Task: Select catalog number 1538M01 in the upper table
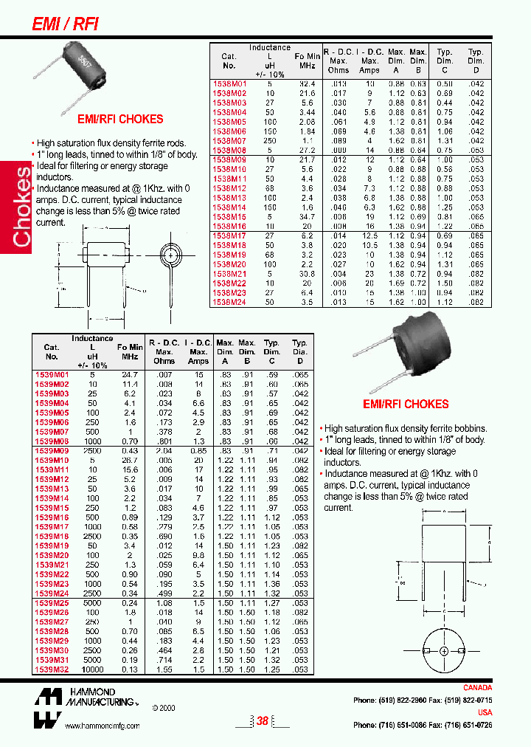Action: pyautogui.click(x=228, y=84)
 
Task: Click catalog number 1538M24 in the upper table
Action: pyautogui.click(x=228, y=302)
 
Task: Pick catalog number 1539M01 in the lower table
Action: pyautogui.click(x=51, y=375)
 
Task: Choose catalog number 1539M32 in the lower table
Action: pyautogui.click(x=51, y=669)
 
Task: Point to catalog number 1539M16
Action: pyautogui.click(x=51, y=517)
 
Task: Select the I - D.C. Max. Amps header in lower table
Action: pyautogui.click(x=198, y=352)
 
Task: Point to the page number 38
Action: pyautogui.click(x=262, y=721)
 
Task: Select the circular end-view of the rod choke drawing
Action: pyautogui.click(x=171, y=258)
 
